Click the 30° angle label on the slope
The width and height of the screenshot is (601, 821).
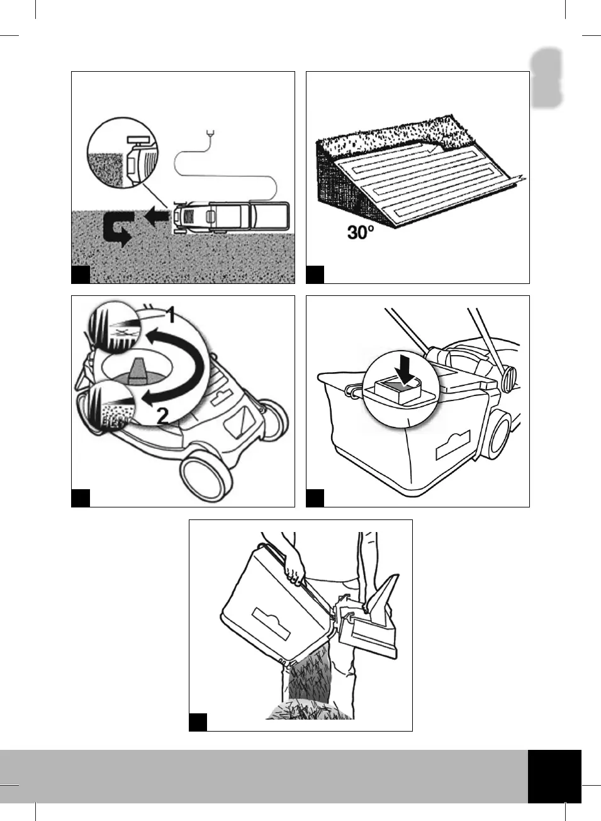[361, 232]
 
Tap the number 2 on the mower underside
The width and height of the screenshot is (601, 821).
[162, 416]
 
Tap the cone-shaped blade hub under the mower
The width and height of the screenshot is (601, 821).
[136, 369]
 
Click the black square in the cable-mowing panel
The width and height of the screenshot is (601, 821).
[81, 275]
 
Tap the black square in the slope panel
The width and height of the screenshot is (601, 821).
[315, 275]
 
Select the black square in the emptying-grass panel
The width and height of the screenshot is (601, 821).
[198, 722]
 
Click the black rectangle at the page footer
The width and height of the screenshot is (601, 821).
[554, 776]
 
